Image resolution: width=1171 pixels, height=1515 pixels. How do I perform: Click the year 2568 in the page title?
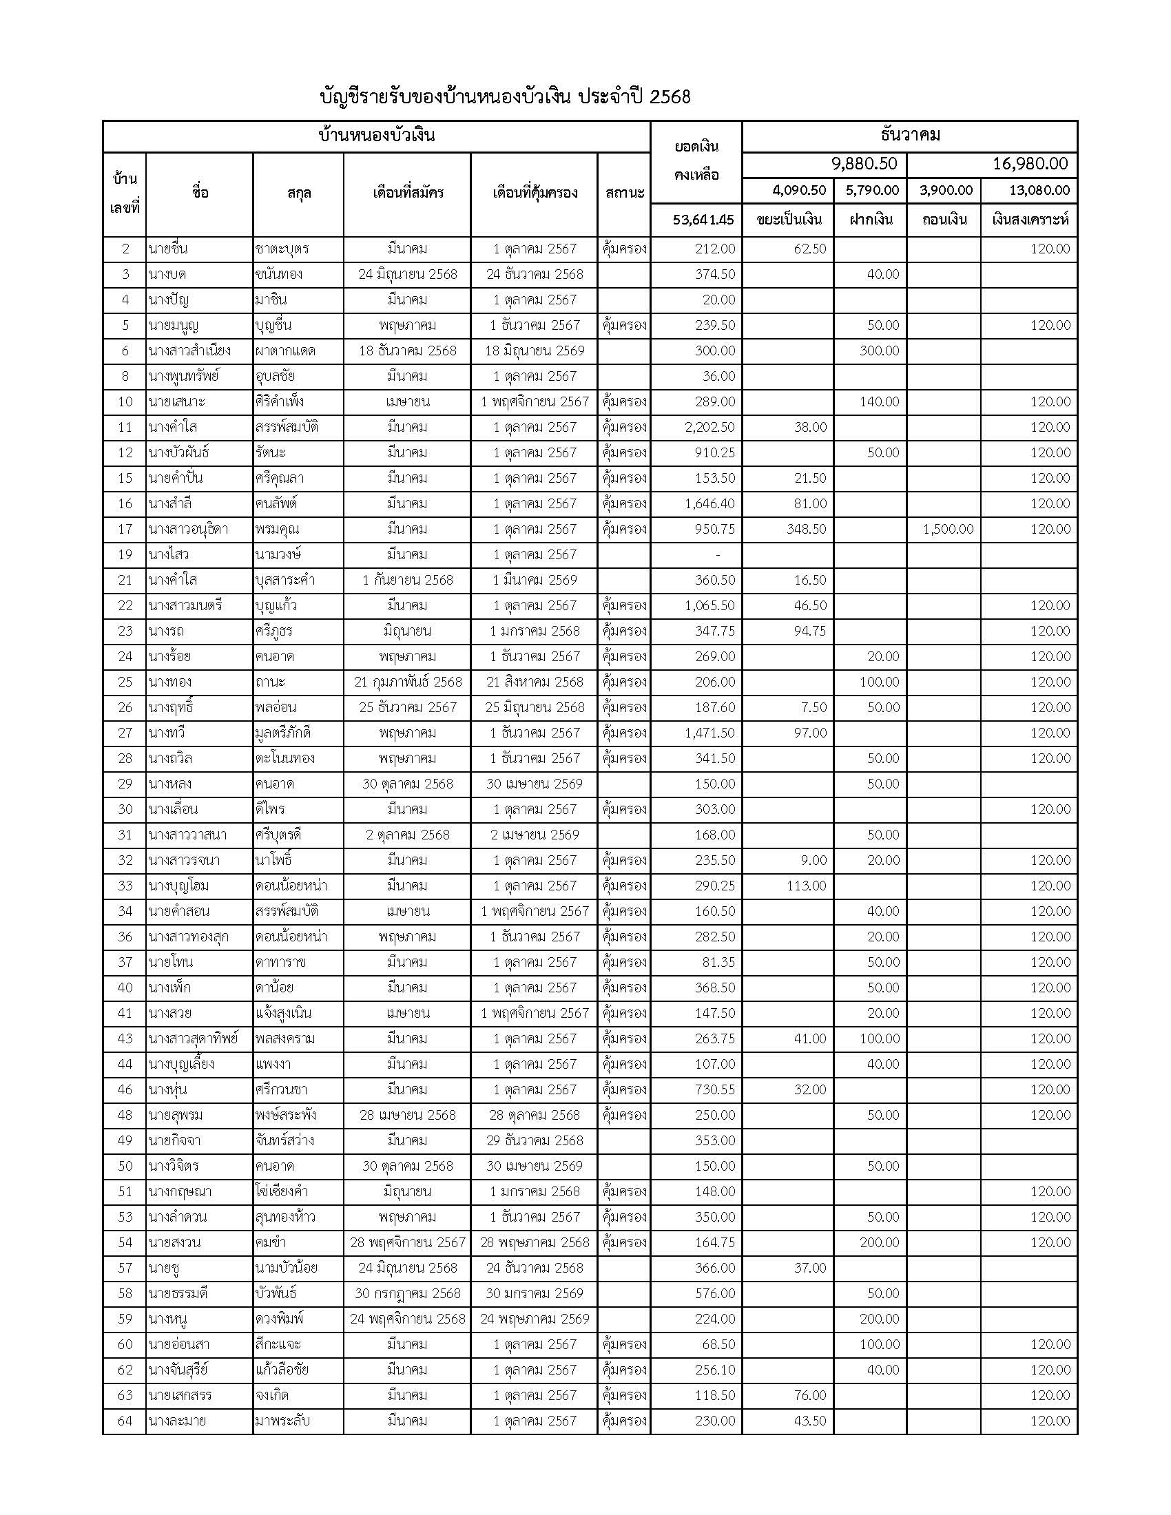click(670, 97)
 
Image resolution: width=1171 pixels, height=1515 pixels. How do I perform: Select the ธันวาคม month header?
click(909, 135)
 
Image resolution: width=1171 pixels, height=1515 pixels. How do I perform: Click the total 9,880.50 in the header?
click(864, 164)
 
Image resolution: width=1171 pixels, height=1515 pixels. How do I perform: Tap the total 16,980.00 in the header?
click(1030, 164)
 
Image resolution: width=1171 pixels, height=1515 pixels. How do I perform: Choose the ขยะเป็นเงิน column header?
click(789, 220)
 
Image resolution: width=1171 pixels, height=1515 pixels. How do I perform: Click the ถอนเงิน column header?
click(944, 220)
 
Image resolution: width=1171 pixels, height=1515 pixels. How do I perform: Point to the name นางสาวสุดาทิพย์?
click(193, 1038)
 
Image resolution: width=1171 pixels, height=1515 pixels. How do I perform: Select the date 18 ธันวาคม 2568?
click(408, 351)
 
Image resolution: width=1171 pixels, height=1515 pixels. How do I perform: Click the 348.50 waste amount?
click(805, 530)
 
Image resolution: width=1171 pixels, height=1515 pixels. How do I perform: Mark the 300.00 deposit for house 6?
click(879, 351)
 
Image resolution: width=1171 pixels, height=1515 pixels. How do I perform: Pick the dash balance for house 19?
click(717, 555)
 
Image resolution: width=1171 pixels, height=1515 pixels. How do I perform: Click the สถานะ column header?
click(624, 193)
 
